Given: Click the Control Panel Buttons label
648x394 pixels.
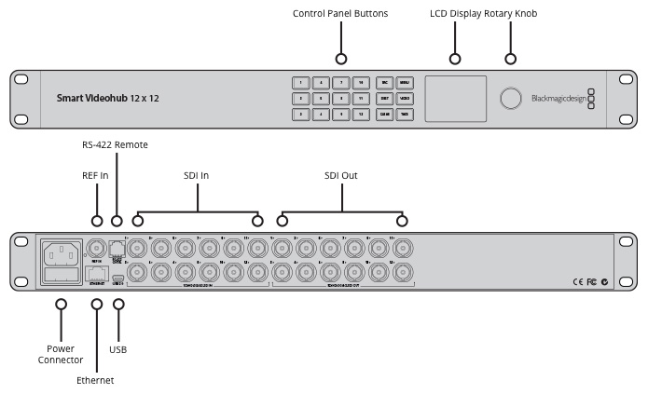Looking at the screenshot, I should pos(339,14).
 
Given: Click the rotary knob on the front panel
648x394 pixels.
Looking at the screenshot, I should pos(511,99).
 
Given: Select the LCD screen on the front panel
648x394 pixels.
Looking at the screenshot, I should pos(456,98).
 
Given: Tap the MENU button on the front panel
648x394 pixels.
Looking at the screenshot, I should pos(405,82).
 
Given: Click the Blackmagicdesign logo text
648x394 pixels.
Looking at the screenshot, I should pos(558,99).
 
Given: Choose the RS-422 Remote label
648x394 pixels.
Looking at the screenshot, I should pos(115,144).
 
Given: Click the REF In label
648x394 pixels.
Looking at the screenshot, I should pos(96,174).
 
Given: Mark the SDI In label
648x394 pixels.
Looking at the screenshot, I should pos(198,174).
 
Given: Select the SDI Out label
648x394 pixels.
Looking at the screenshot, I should pos(340,174).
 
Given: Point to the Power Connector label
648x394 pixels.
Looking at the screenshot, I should pos(61,354).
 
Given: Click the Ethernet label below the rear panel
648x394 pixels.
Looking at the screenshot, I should pos(95,380).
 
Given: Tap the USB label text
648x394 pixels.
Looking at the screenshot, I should pos(117,349).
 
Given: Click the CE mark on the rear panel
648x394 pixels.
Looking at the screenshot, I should pos(576,281).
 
